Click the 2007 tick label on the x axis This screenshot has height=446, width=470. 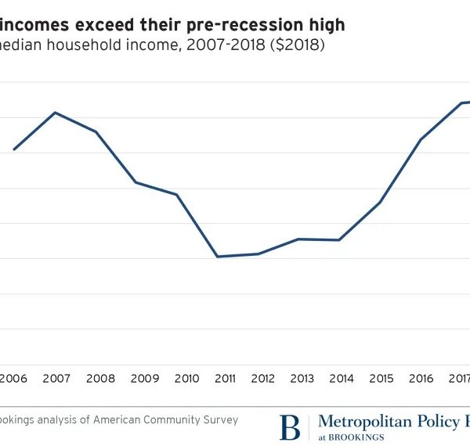[x=56, y=379]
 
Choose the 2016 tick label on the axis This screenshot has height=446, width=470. [x=421, y=379]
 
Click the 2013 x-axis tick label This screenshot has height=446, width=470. [x=301, y=379]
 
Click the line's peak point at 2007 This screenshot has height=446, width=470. [x=55, y=113]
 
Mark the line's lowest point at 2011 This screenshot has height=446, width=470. [x=217, y=257]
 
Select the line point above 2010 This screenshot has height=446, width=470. [x=176, y=194]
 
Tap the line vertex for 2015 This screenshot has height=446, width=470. [x=381, y=203]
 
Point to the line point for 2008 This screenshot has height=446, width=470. [x=96, y=131]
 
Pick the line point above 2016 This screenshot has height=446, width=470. [x=421, y=139]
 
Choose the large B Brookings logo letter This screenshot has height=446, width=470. [x=290, y=427]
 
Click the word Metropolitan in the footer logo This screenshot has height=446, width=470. [x=365, y=422]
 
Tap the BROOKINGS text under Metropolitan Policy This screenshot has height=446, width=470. [x=357, y=437]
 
